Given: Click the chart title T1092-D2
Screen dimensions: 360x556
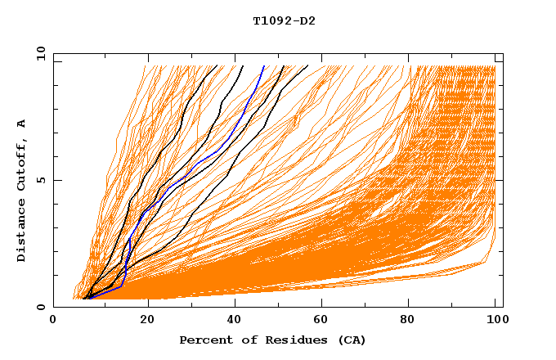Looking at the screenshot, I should click(284, 21).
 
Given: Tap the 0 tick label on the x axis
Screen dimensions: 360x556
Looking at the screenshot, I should click(54, 322).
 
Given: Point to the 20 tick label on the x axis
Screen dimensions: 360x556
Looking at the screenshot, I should click(147, 322).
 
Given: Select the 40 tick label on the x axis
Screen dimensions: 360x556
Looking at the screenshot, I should click(235, 322).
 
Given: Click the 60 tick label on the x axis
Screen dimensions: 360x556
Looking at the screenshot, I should click(325, 322).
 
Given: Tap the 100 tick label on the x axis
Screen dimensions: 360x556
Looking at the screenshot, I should click(495, 322).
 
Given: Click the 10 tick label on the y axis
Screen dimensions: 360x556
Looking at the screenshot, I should click(39, 54).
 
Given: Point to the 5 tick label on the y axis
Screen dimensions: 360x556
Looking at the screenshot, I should click(43, 180).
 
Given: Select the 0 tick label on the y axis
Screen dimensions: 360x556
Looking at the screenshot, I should click(43, 308).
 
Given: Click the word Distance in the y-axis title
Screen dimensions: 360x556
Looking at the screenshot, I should click(22, 229).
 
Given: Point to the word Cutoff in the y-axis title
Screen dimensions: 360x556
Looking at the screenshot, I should click(22, 164).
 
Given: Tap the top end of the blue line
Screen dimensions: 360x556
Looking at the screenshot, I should click(264, 66).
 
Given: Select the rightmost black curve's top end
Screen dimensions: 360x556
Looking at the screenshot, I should click(307, 66).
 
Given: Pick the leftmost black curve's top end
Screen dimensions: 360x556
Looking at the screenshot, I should click(217, 66).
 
